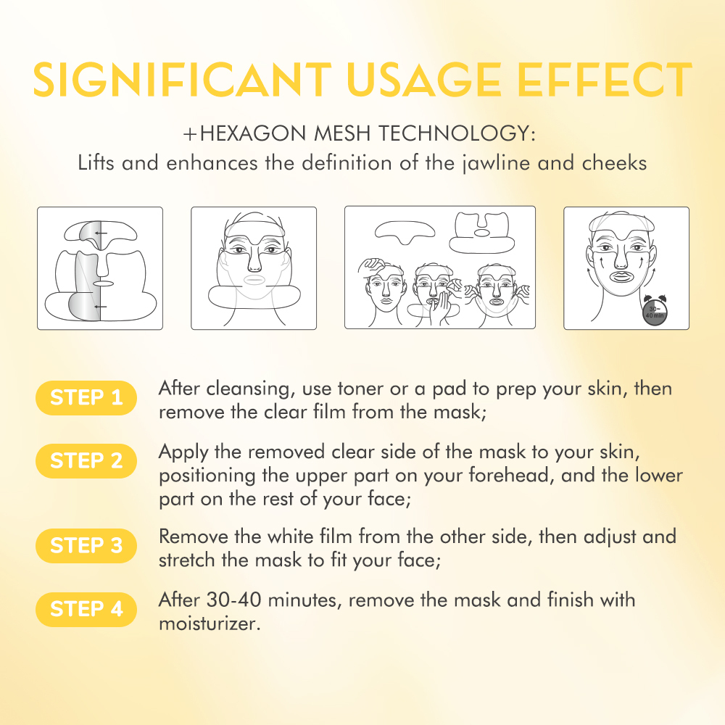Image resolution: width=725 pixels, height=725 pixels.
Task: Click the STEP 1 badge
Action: click(x=86, y=397)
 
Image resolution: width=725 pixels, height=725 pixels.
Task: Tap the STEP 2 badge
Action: click(x=86, y=461)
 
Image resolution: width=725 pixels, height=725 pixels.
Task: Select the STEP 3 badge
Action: click(x=86, y=546)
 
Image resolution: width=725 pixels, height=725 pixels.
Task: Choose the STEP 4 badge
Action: click(x=86, y=610)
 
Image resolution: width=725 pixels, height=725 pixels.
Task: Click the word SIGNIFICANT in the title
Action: click(x=182, y=80)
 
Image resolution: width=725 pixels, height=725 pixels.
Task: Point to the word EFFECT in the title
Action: click(x=605, y=80)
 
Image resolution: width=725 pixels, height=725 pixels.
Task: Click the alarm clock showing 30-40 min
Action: click(x=654, y=310)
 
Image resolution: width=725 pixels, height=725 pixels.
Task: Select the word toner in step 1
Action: click(x=360, y=389)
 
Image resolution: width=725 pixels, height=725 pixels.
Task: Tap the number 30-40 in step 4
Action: click(x=233, y=600)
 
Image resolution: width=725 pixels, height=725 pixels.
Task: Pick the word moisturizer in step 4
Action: click(x=210, y=623)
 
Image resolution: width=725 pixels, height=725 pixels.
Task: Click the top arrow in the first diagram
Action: click(x=101, y=233)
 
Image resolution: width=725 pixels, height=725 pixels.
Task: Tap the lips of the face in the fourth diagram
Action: click(x=621, y=278)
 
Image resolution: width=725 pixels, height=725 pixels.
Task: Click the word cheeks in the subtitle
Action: click(x=614, y=163)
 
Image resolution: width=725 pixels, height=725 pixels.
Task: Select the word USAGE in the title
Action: click(x=424, y=80)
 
